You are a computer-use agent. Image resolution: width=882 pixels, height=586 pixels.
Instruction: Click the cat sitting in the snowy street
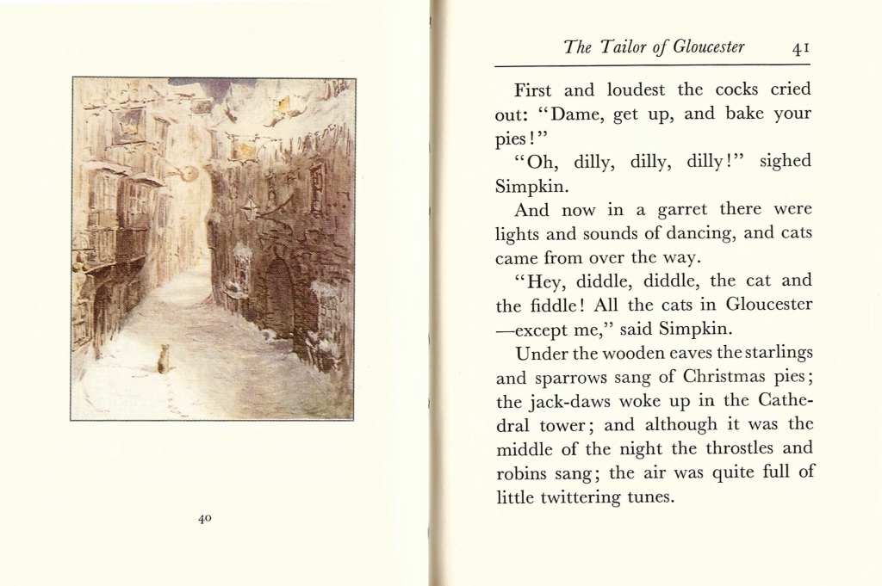pyautogui.click(x=163, y=359)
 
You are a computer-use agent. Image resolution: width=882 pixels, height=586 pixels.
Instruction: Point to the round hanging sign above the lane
pyautogui.click(x=189, y=174)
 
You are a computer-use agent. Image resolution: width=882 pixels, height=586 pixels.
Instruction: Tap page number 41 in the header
pyautogui.click(x=800, y=48)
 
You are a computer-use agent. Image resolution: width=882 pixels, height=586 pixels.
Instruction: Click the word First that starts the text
pyautogui.click(x=533, y=89)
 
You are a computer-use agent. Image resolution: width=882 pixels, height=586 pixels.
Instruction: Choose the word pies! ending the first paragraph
pyautogui.click(x=515, y=138)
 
